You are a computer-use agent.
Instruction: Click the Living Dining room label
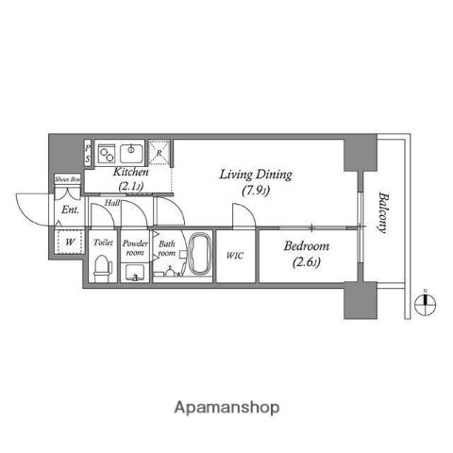point(256,175)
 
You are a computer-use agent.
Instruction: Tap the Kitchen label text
point(131,174)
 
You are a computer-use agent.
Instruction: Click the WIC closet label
point(235,254)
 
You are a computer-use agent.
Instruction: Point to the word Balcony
point(383,213)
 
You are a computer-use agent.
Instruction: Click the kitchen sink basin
point(129,151)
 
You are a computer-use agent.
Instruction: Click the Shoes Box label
point(68,178)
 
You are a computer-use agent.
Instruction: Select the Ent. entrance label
point(70,210)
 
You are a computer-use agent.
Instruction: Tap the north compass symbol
point(426,303)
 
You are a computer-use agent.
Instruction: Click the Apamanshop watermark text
point(226,408)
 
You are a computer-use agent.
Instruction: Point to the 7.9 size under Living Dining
point(256,193)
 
